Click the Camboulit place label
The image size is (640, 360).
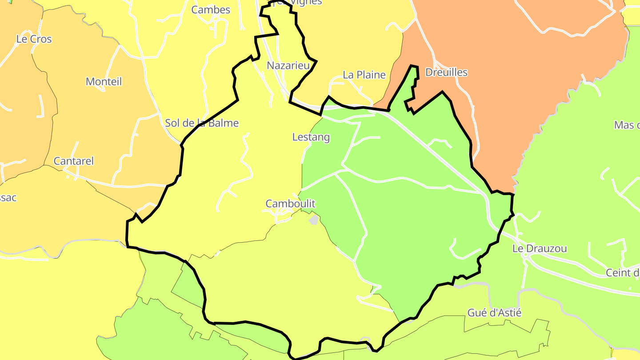click(x=290, y=204)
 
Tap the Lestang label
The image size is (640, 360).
click(x=311, y=137)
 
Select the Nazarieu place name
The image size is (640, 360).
click(x=288, y=66)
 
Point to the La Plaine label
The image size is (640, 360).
click(x=364, y=75)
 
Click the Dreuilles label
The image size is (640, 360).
click(x=446, y=72)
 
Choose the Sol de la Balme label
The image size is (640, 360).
click(x=202, y=123)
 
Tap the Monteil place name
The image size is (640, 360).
click(x=104, y=81)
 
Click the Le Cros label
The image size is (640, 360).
click(x=34, y=39)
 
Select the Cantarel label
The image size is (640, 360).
click(x=74, y=161)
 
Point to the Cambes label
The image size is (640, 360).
click(x=211, y=10)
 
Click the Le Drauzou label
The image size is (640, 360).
click(x=540, y=248)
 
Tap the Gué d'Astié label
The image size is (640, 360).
click(x=494, y=313)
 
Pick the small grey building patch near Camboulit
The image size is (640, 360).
click(x=314, y=220)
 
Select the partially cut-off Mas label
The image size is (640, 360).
click(x=627, y=125)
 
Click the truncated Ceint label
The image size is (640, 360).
click(x=623, y=272)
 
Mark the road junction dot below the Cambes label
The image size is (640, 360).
click(x=215, y=19)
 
